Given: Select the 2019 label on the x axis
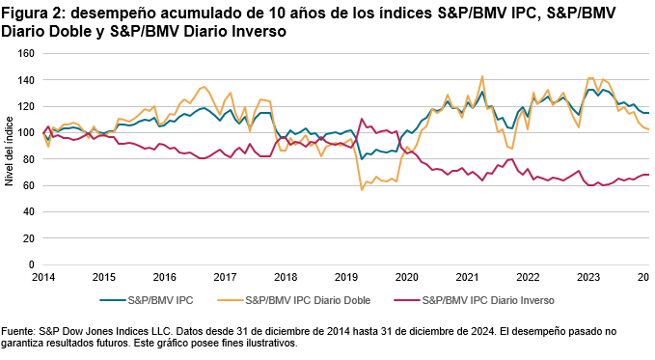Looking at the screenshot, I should tap(344, 276).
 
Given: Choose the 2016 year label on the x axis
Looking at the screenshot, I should tap(165, 276).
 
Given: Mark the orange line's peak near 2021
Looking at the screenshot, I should tap(481, 76).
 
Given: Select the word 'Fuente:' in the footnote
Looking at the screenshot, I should tap(20, 331).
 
